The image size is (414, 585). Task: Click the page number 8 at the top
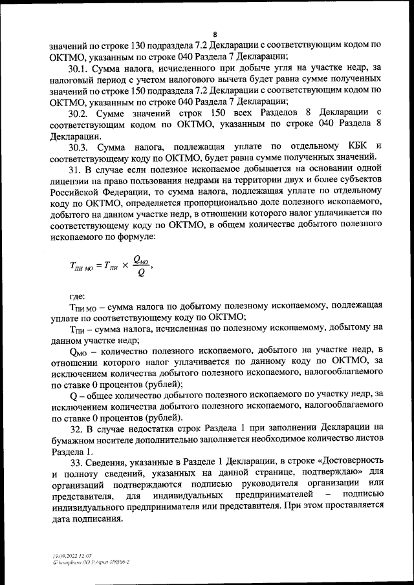[x=215, y=35]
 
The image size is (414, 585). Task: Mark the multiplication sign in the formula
[x=122, y=265]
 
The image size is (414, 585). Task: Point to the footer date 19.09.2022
[x=63, y=555]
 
